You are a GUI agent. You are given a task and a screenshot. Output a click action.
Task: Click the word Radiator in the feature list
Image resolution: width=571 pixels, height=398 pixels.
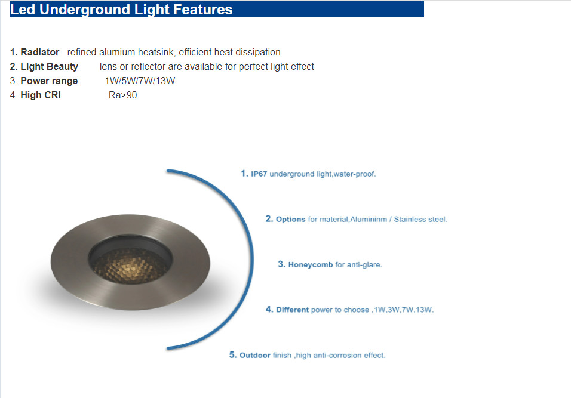tap(39, 53)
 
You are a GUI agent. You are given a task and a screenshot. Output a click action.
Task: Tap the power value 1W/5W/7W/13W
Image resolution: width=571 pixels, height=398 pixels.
tap(140, 81)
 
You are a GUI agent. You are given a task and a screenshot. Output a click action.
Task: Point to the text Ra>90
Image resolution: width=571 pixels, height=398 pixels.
tap(122, 95)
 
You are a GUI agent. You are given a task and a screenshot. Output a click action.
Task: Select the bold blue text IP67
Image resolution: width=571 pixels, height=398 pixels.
tap(259, 174)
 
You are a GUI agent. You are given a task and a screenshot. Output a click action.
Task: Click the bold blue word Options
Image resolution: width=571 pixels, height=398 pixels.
tap(291, 220)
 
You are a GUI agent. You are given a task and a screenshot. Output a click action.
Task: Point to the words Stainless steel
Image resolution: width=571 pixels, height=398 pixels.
tap(420, 220)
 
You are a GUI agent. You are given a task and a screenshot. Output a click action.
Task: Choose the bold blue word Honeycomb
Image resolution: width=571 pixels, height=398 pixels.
tap(311, 264)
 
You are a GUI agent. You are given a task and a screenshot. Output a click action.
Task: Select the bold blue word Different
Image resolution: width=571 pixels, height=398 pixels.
tap(293, 310)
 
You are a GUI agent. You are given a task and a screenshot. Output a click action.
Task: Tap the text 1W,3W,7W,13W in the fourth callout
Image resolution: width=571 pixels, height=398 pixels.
tap(404, 310)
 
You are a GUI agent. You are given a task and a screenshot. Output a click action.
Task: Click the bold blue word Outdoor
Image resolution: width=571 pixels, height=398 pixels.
tap(255, 356)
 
